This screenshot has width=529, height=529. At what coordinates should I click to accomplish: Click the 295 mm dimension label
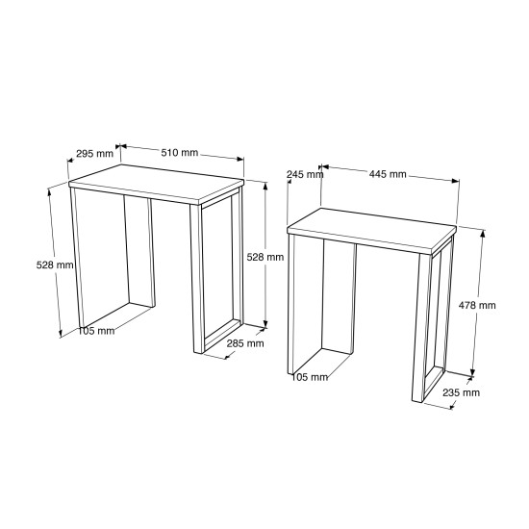(x=95, y=154)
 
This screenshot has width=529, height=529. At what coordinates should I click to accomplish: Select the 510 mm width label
(x=179, y=153)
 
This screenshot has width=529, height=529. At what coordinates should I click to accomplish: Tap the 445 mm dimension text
(x=388, y=174)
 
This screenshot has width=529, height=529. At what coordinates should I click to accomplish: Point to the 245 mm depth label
(x=305, y=174)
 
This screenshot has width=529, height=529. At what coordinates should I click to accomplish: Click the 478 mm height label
(x=477, y=305)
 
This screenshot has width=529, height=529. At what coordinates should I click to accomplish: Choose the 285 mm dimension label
(x=245, y=343)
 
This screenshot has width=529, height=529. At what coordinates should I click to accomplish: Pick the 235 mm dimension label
(x=461, y=392)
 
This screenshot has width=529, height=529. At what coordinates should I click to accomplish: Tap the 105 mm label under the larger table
(x=96, y=331)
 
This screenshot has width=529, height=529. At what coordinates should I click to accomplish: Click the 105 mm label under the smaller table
(x=310, y=377)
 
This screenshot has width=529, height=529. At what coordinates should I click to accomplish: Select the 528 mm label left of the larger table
(x=55, y=264)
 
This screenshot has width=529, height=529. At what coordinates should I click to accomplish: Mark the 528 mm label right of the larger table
(x=265, y=257)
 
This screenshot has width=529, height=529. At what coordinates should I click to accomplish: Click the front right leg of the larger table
(x=197, y=278)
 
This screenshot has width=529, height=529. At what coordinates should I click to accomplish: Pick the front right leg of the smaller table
(x=418, y=327)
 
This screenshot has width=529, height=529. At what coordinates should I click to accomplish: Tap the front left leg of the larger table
(x=77, y=258)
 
